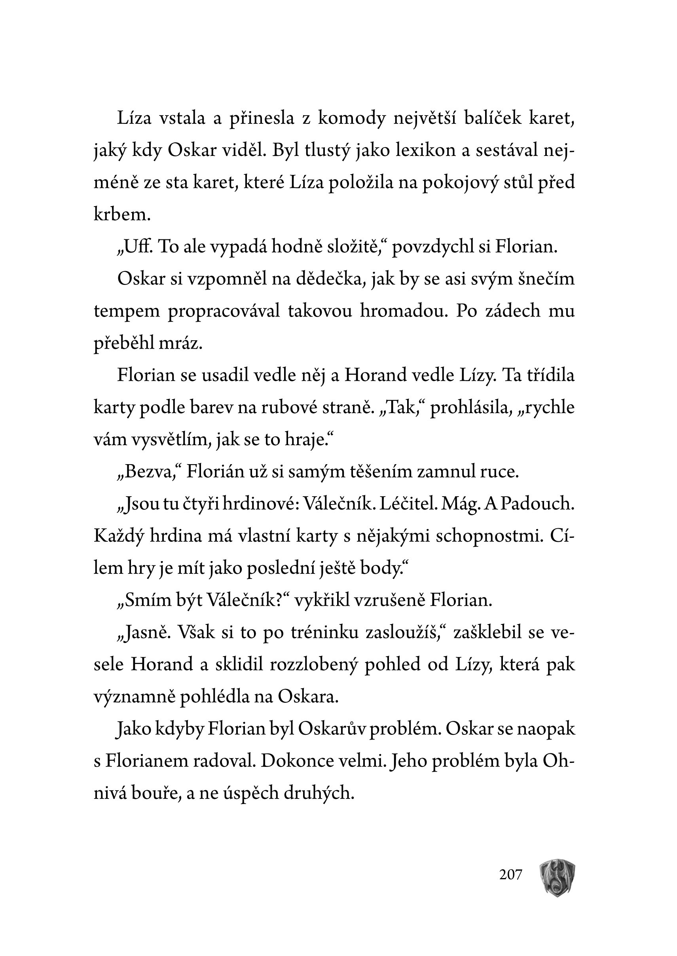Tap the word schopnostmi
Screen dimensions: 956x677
point(489,536)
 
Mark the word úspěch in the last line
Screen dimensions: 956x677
point(249,793)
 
